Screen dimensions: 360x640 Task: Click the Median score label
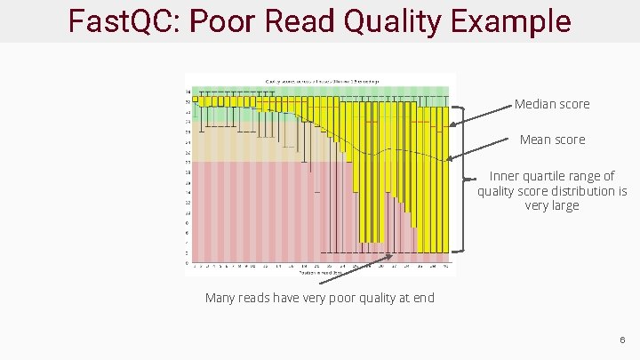(x=551, y=104)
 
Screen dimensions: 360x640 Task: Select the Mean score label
(x=552, y=140)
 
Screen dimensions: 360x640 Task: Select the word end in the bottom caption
(x=423, y=298)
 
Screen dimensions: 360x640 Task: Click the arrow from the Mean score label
(x=484, y=149)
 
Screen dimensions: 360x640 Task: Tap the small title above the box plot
(x=321, y=81)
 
